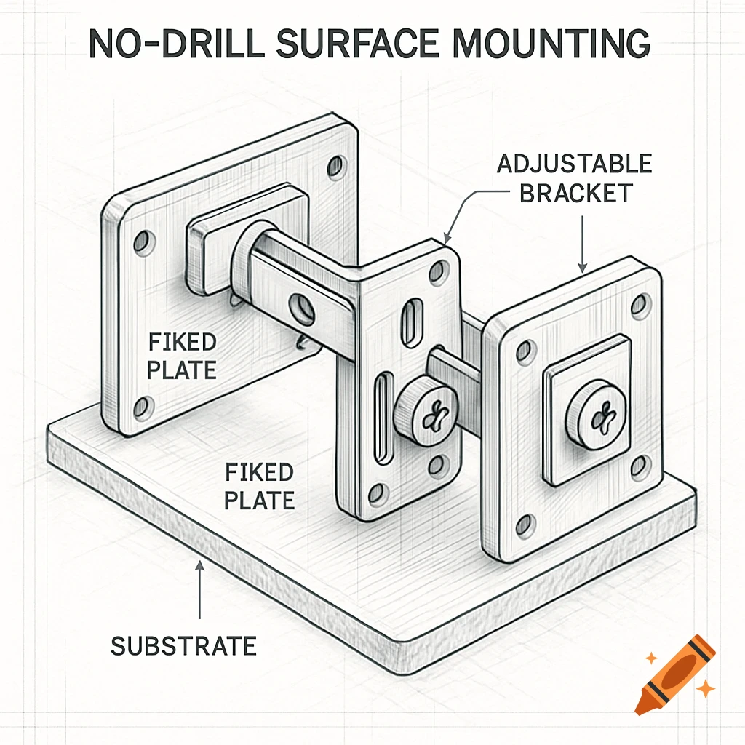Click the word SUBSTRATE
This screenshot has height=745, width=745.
click(x=183, y=645)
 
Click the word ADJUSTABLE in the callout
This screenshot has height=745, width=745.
click(x=574, y=164)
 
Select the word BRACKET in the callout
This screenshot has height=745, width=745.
click(x=574, y=194)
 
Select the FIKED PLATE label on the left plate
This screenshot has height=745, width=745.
click(x=181, y=356)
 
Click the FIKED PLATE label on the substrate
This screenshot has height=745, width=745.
click(x=259, y=486)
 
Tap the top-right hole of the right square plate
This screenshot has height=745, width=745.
click(x=640, y=305)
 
